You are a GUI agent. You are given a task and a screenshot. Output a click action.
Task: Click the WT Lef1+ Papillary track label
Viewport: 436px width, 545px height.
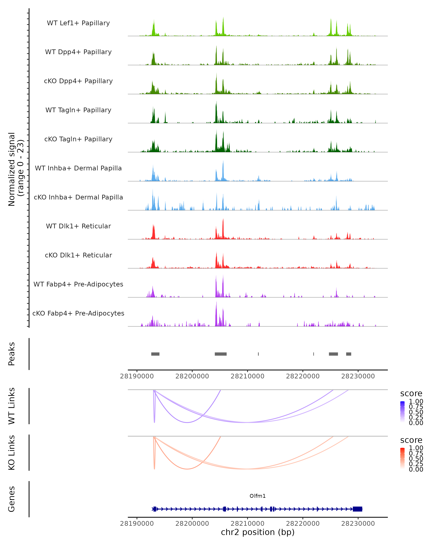78,23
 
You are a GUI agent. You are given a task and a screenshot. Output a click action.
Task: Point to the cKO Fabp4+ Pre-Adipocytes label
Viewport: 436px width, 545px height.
78,313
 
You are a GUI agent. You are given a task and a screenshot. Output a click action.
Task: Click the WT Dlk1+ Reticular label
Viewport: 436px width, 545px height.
78,226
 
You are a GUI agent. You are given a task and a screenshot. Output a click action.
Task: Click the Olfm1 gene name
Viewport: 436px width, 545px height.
258,496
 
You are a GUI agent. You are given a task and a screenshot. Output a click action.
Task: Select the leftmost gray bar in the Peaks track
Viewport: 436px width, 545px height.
155,354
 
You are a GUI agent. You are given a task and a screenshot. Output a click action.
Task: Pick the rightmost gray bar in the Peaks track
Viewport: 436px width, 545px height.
349,354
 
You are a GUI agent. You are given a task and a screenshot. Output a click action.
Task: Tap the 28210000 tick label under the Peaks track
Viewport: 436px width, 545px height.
247,376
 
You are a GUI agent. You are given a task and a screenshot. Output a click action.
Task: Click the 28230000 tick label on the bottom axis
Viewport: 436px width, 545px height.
358,524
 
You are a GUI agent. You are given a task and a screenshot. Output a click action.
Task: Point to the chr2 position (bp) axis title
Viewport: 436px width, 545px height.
258,532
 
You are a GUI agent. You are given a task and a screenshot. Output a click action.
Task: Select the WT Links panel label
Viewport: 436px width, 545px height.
12,406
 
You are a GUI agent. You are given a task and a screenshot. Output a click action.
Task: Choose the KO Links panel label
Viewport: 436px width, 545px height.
12,453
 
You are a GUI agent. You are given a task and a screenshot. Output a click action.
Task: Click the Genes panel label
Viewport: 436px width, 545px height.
12,499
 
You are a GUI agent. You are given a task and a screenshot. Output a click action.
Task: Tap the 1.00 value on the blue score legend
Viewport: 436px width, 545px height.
416,401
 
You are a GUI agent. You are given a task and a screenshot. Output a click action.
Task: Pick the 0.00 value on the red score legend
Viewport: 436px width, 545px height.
416,469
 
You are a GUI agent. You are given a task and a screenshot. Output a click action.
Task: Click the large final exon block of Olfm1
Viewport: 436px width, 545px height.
357,509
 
